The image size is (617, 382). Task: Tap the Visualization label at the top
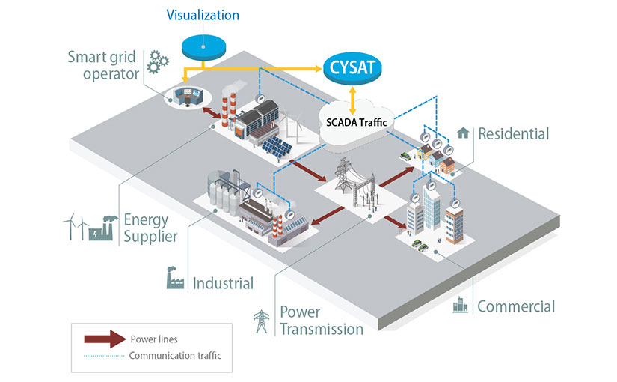coord(203,15)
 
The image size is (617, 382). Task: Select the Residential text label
coord(513,134)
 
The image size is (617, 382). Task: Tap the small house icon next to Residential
coord(463,133)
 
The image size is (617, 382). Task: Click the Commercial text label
coord(516,306)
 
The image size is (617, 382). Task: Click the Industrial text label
coord(223,283)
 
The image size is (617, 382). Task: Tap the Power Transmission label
coord(321,320)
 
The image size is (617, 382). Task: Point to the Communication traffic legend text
coord(175,355)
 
